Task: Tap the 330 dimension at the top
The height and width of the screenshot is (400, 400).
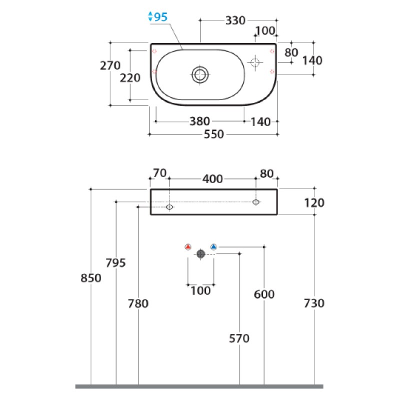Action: (235, 20)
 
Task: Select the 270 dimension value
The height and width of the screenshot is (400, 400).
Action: (110, 65)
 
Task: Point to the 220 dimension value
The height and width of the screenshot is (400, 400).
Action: (130, 78)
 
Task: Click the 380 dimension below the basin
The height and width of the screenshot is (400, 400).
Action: (199, 121)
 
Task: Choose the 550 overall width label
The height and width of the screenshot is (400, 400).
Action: (214, 134)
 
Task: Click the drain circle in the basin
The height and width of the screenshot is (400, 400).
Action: (200, 74)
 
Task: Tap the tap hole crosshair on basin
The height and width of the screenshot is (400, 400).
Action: (255, 62)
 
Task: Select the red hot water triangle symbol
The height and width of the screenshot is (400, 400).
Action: (188, 247)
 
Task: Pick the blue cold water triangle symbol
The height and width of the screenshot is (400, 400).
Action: (214, 247)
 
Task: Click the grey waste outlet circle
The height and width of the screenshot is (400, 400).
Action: (201, 254)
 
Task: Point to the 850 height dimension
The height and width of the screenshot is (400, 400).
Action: (91, 278)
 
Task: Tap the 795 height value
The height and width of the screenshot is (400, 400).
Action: (116, 263)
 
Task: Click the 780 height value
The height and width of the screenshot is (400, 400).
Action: (138, 303)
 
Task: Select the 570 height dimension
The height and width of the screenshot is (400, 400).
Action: (239, 338)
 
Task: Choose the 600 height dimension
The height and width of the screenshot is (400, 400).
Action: (264, 294)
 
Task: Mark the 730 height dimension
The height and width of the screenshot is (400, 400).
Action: (314, 303)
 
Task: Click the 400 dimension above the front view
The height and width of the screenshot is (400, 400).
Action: (212, 179)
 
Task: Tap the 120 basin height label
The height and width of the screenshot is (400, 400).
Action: (314, 203)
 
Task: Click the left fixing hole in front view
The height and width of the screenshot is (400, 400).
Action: (169, 207)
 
